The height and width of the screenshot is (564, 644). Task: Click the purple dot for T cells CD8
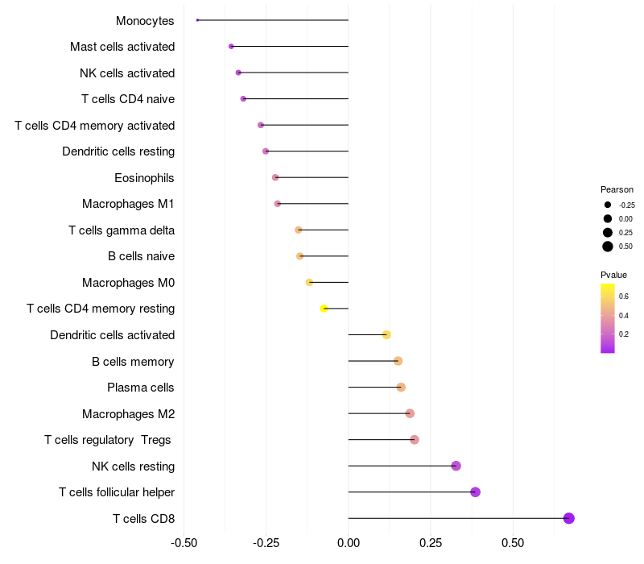569,518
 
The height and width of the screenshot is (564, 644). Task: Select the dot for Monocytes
197,20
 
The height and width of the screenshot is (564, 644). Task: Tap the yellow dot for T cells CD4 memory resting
324,309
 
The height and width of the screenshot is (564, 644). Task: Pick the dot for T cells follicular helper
475,492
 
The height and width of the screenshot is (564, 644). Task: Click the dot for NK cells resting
456,466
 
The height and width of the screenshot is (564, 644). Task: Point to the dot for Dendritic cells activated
386,334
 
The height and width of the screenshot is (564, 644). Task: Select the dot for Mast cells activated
231,47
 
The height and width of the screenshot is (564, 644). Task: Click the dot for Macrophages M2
410,413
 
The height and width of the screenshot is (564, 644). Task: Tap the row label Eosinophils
145,178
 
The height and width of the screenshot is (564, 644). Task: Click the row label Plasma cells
141,388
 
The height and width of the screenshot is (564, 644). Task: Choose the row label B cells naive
141,256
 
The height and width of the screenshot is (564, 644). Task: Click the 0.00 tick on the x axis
349,543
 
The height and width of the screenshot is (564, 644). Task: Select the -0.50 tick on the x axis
184,543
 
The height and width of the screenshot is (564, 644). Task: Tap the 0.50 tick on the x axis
513,543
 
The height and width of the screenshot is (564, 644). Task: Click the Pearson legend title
617,189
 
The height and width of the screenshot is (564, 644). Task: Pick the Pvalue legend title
614,275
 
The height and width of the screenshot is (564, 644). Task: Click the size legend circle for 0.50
608,247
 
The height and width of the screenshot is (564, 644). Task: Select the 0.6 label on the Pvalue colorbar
624,297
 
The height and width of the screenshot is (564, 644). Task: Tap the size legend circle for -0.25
608,205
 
